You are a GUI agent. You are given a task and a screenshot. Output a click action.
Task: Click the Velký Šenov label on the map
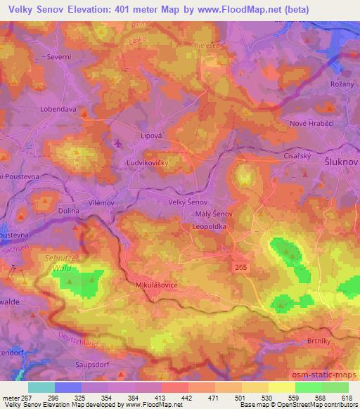187,202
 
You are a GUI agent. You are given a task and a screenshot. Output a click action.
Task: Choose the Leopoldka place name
212,227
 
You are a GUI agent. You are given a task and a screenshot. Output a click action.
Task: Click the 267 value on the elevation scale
26,397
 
